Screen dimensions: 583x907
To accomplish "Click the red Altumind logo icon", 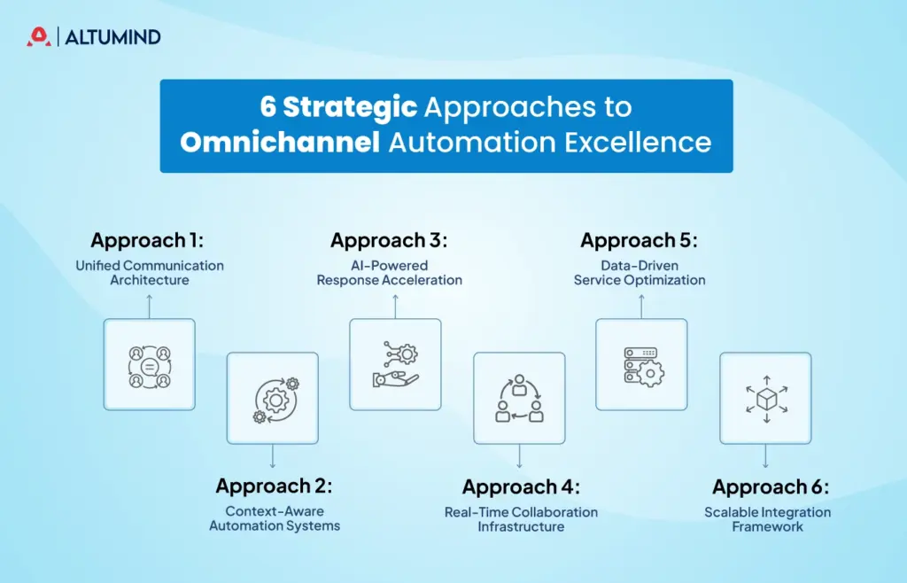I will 38,36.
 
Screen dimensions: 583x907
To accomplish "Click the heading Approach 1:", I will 149,241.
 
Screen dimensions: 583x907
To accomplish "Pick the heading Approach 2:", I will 274,486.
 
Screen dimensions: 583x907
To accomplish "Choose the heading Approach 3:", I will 389,241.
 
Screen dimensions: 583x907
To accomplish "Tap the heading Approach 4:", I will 521,487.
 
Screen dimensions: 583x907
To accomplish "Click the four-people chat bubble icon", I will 149,365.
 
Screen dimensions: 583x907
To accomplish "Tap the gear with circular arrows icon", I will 273,399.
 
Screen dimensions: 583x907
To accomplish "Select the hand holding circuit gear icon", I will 395,365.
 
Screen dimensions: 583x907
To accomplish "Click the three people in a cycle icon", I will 519,399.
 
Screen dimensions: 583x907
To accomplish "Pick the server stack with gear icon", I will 641,365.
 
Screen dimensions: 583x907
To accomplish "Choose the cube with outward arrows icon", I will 765,399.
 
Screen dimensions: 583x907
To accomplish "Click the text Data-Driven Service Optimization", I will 640,273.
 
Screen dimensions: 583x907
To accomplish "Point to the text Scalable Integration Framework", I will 767,519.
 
